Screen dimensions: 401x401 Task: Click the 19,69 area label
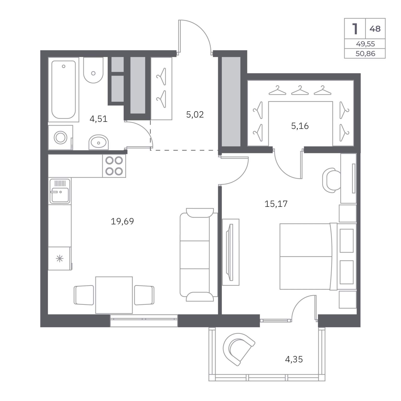[122, 221]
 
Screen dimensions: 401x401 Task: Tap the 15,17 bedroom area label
[276, 204]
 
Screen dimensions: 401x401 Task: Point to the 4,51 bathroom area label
[98, 119]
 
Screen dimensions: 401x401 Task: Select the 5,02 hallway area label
[195, 114]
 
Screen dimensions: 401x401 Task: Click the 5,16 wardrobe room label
[300, 126]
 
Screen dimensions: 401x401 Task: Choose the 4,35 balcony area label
[294, 359]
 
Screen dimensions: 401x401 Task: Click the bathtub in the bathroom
[63, 90]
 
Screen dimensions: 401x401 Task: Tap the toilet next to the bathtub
[93, 70]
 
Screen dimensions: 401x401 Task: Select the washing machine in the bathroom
[60, 137]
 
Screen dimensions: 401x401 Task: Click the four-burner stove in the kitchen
[114, 166]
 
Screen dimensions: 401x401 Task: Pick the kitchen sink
[60, 191]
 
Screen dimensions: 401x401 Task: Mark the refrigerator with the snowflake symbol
[60, 258]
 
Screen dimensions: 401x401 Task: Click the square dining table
[114, 295]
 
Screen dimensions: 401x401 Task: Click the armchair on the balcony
[238, 349]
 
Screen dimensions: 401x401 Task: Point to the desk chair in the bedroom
[332, 180]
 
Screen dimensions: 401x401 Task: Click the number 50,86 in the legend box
[365, 54]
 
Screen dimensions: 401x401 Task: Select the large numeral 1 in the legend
[355, 29]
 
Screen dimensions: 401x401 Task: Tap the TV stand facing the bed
[231, 252]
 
